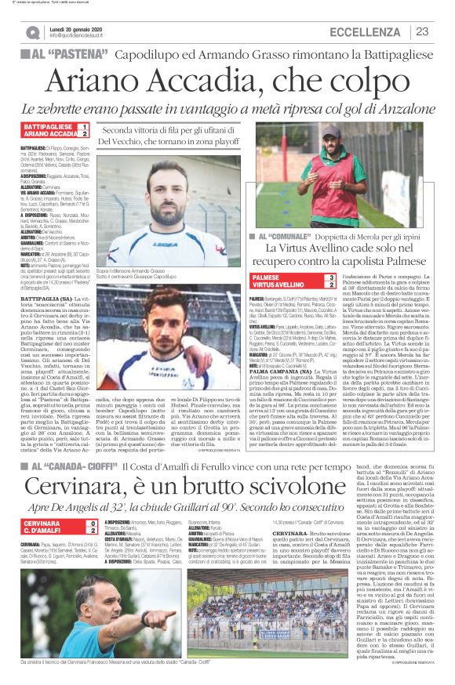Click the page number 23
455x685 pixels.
coord(422,31)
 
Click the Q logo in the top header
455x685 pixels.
coord(32,32)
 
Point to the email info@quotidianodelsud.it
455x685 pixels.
coord(87,36)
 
